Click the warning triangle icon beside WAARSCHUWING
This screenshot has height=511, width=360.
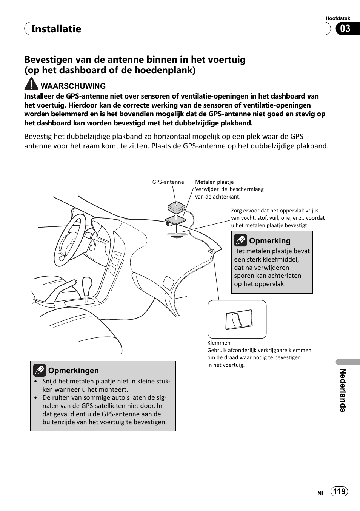pos(31,84)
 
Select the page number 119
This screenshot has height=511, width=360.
pos(339,491)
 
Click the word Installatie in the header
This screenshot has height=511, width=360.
pos(56,29)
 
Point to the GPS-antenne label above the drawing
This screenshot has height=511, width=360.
pos(168,182)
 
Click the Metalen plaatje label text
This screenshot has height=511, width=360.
pos(214,182)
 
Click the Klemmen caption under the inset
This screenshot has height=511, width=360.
pos(219,343)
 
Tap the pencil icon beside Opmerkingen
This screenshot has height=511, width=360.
pos(40,371)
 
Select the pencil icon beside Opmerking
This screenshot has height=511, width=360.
pos(240,240)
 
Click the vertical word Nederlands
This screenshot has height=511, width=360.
pos(343,390)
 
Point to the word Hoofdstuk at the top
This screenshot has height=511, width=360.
pos(338,18)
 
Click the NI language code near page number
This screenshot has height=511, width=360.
pos(320,493)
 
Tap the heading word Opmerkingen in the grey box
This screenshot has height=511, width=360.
pos(73,371)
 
